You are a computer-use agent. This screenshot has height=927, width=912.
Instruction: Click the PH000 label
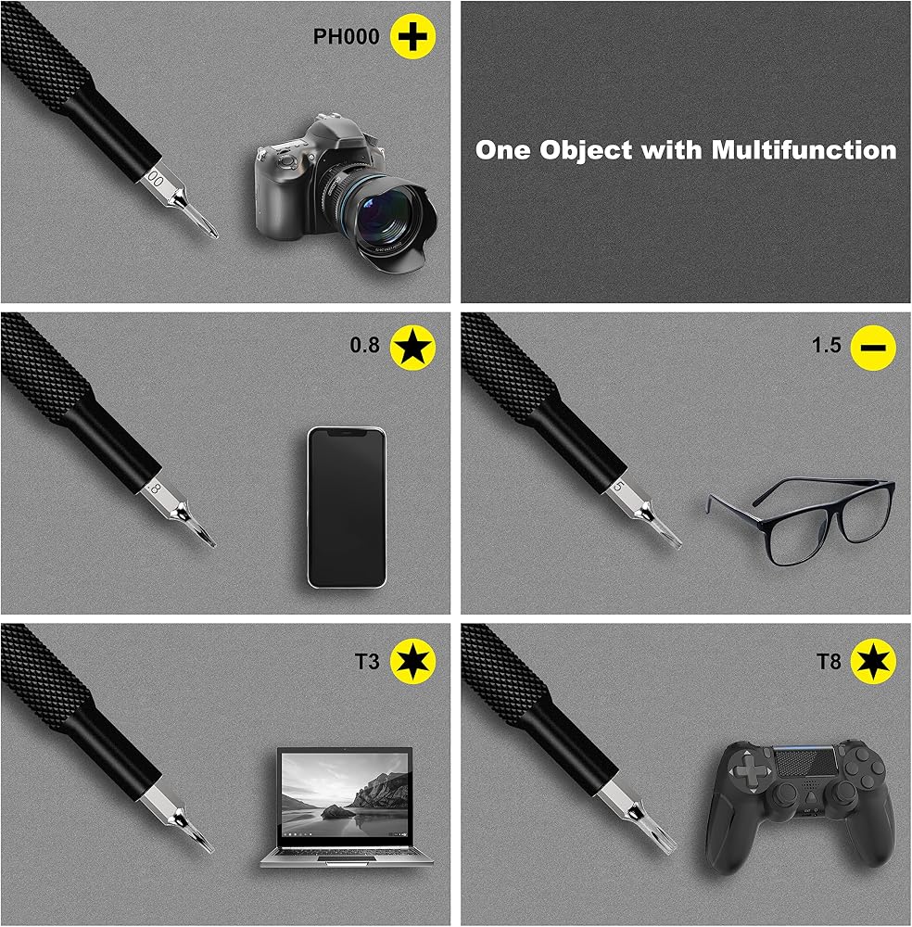(346, 37)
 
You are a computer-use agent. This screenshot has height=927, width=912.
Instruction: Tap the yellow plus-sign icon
(412, 37)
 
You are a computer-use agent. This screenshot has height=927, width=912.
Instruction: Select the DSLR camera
(345, 194)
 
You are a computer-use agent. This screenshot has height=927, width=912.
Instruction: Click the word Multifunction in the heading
(804, 150)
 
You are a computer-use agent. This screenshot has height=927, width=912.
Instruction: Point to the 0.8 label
(364, 345)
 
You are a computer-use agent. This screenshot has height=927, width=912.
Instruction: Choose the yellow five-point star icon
(412, 347)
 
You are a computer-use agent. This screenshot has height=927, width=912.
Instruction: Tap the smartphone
(347, 507)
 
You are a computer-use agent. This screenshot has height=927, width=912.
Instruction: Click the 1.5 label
(827, 345)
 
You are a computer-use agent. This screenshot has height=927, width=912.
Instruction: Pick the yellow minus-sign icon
(873, 348)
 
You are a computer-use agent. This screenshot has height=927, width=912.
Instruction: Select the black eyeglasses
(802, 521)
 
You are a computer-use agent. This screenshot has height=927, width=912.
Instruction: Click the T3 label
(367, 662)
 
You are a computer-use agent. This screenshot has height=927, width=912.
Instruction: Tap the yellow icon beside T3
(412, 661)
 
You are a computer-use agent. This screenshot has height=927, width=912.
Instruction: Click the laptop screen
(345, 797)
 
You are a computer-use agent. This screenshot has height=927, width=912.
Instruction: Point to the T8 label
(828, 662)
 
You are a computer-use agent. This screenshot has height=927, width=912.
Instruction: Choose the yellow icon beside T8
(873, 661)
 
